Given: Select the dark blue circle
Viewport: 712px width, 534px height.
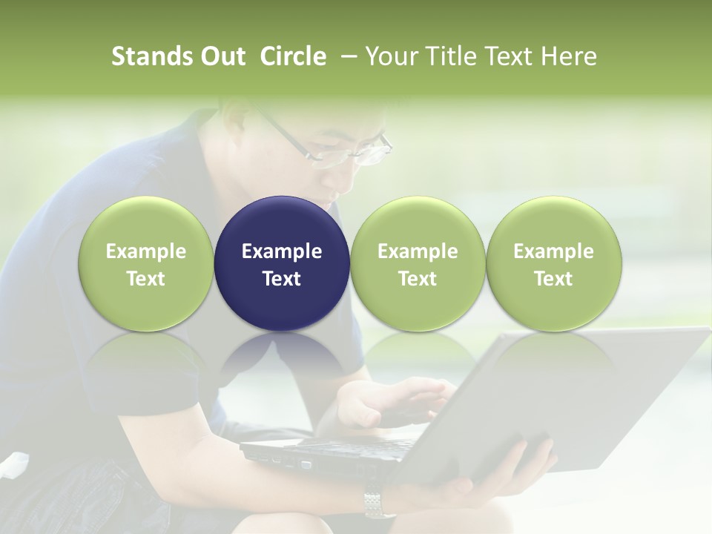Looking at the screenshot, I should [282, 264].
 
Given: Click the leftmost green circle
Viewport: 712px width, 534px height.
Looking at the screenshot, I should [145, 264].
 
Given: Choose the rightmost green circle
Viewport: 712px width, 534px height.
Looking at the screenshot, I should [553, 264].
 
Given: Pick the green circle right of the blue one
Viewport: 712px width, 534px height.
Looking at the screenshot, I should [418, 264].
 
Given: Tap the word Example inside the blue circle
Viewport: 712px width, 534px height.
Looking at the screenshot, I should [282, 251].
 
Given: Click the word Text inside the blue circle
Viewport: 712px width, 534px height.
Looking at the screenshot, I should [282, 279].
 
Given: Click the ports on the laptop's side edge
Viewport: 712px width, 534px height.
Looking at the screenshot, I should [289, 461].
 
